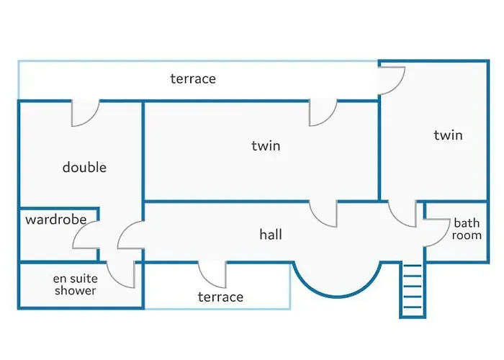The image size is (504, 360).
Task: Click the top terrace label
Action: coord(193,78)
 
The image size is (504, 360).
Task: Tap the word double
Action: coord(84,167)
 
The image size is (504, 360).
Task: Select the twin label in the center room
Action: coord(266,145)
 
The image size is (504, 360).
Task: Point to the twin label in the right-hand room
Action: coord(448,135)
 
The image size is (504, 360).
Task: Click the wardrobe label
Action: coord(56,220)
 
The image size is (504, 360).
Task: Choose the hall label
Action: coord(271,235)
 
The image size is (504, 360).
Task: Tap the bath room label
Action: coord(467,229)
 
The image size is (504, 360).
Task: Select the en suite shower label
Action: coord(75,284)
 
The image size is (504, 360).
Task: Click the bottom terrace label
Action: coord(220,297)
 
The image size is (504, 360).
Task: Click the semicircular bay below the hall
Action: coord(336,277)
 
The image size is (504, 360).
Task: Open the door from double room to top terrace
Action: coord(84,113)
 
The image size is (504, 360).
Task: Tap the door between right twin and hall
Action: coord(402,214)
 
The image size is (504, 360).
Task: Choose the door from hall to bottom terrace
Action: coord(213,274)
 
